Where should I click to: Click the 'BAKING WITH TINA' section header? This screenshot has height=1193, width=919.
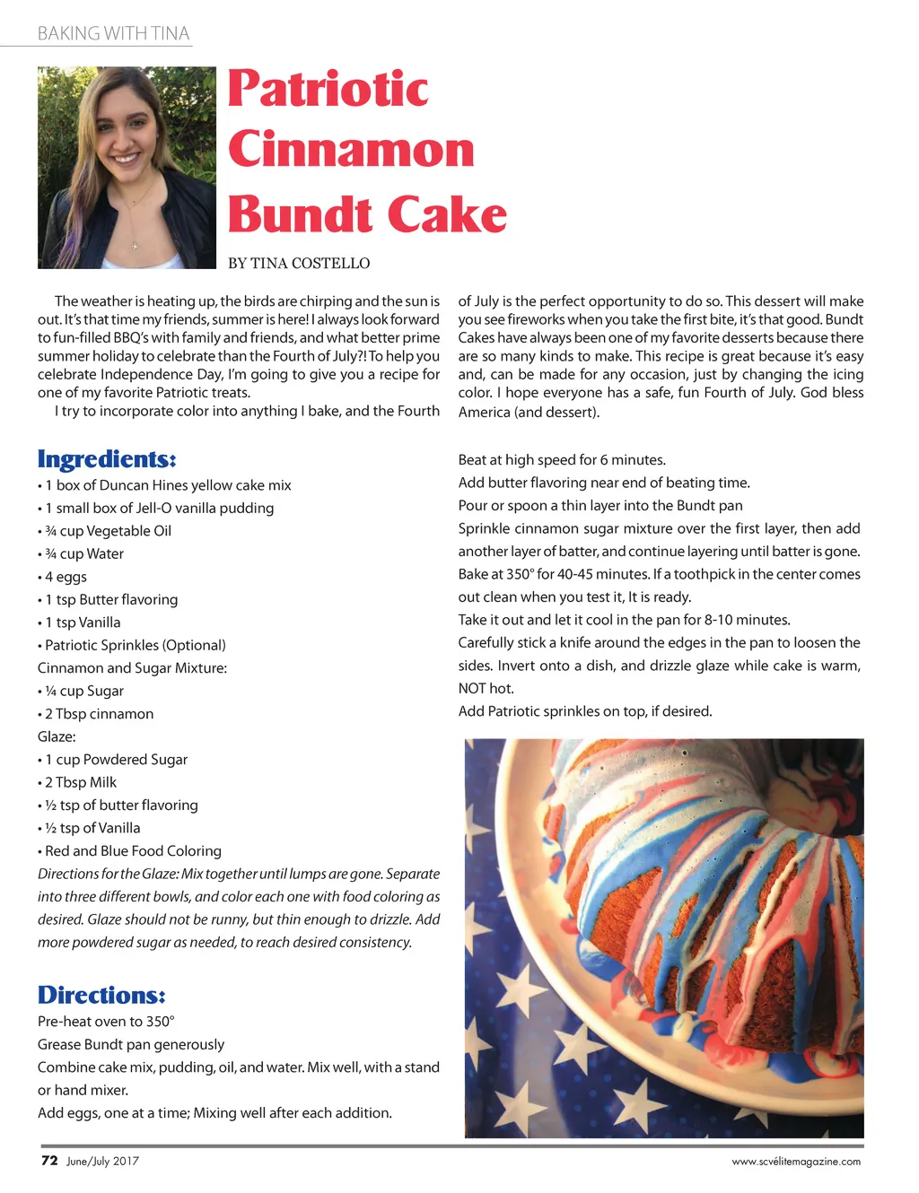113,34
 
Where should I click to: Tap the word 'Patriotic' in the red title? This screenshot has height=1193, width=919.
328,89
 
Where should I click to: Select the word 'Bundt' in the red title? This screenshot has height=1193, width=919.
300,215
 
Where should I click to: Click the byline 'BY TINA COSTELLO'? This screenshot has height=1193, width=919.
299,264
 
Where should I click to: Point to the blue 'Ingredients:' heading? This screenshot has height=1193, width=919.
107,459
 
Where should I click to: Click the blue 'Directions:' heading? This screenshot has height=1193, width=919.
101,996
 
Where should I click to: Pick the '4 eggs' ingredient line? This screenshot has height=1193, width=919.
66,577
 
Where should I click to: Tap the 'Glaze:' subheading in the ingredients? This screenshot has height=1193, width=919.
57,736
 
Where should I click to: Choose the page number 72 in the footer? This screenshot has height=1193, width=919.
49,1161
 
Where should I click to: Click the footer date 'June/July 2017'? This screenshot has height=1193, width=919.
102,1162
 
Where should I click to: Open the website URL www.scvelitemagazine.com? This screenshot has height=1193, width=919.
796,1162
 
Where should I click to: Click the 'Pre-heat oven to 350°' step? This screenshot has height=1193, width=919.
106,1022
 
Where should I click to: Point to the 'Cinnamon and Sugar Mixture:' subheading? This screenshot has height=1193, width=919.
132,668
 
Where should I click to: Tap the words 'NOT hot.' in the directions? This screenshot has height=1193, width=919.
486,689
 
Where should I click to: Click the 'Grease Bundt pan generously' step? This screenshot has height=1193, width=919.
131,1045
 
